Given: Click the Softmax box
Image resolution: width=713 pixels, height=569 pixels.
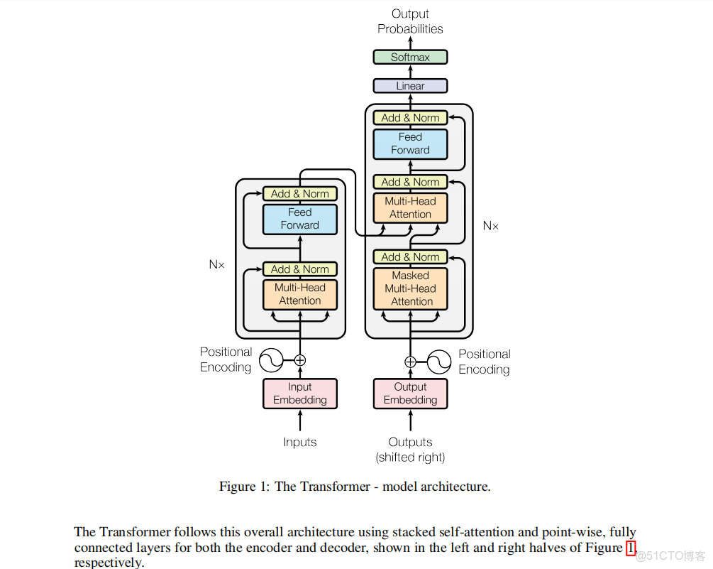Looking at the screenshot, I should [410, 57].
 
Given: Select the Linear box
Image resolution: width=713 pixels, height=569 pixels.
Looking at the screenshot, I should [410, 86].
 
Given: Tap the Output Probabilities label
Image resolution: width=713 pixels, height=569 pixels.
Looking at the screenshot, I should [410, 21].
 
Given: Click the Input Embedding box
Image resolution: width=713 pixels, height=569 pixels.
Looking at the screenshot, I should [299, 394].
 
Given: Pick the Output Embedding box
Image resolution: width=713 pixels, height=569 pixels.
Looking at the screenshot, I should [410, 394].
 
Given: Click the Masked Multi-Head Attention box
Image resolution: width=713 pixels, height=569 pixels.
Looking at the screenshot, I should [410, 288].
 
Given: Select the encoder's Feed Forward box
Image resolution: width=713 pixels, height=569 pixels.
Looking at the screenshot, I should [299, 219].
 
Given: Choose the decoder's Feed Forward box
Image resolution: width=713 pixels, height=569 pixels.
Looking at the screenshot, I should [410, 143].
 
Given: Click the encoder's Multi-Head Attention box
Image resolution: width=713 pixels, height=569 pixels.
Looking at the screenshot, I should [299, 294].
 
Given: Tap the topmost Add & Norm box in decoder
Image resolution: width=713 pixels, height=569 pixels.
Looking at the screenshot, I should [410, 118].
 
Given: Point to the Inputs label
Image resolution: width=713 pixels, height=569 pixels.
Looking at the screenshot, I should [299, 442].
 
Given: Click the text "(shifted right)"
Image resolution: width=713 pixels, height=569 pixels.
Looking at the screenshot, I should [410, 457].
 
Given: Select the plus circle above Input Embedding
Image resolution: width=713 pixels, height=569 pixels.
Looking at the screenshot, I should [299, 360].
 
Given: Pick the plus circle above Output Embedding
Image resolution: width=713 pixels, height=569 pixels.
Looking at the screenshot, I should [410, 362].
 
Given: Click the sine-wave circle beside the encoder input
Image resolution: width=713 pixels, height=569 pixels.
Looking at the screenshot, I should [271, 360].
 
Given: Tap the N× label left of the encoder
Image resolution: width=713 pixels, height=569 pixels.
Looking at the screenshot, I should [216, 264].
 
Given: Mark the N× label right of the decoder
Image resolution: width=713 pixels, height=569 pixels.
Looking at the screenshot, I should [491, 226].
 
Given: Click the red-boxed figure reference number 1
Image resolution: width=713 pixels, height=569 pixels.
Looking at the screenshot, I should [631, 548].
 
